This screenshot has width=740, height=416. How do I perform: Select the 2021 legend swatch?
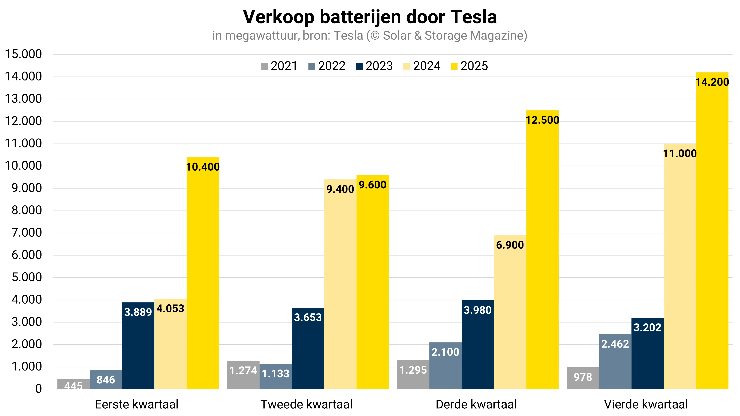pos(264,66)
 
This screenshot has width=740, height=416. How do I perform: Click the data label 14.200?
pos(712,82)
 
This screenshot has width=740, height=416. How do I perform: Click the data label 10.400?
pos(203,167)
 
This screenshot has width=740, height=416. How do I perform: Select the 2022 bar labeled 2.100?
pos(445,366)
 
